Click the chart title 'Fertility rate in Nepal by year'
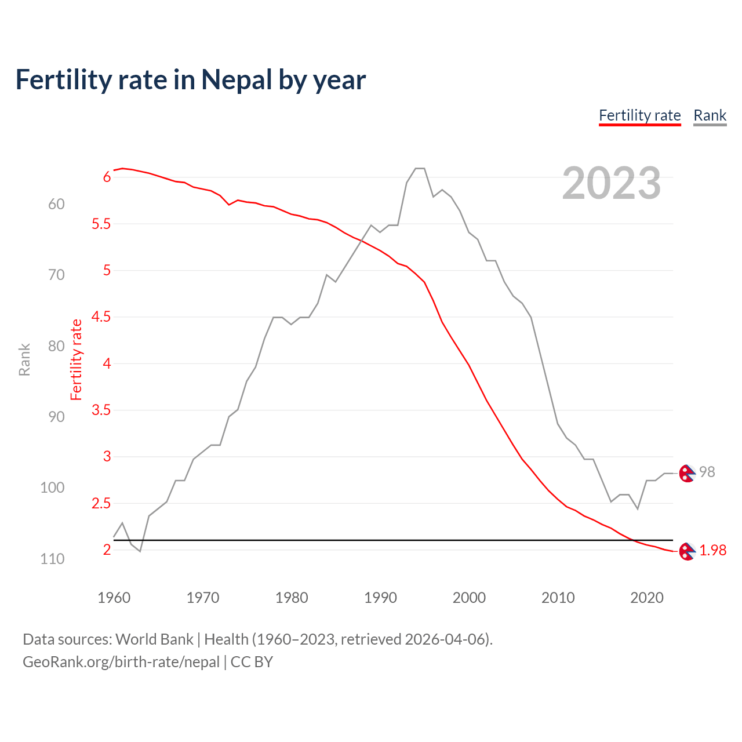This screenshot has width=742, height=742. coord(190,80)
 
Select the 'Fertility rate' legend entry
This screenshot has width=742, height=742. coord(639,115)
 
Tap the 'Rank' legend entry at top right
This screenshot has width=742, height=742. coord(710,115)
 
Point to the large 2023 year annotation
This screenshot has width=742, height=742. coord(611,183)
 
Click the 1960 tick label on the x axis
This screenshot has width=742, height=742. coord(114,598)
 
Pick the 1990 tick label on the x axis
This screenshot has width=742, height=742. coord(380,598)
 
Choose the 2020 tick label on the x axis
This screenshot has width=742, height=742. coord(646,598)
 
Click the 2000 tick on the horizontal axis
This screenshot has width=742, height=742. coord(469,598)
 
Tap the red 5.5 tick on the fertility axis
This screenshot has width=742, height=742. coord(101,224)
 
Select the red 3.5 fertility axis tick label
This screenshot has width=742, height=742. coord(101,410)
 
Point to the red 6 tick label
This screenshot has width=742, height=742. coord(107,177)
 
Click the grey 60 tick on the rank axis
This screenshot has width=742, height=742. coord(56,204)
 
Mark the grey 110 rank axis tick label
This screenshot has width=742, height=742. coord(52,559)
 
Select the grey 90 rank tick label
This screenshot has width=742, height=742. coord(56,417)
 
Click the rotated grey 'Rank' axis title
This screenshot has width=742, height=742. coord(24,359)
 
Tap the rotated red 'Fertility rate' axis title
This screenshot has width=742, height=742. coord(76,359)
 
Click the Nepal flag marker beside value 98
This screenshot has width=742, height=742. coord(686,474)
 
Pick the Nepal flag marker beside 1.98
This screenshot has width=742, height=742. coord(686,551)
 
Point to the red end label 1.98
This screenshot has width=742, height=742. coord(712,551)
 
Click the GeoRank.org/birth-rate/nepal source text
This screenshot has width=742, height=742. coord(121,662)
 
